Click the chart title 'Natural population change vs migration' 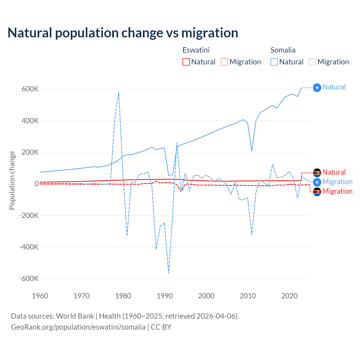(x=123, y=33)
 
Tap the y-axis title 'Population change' (x=12, y=180)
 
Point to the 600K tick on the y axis (x=30, y=89)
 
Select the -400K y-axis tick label (x=29, y=247)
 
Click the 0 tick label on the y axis (x=36, y=184)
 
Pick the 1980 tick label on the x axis (x=123, y=296)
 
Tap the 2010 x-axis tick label (x=248, y=296)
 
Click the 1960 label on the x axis (x=40, y=296)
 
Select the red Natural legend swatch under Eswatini (x=186, y=62)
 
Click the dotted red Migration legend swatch (x=224, y=62)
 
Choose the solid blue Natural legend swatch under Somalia (x=274, y=62)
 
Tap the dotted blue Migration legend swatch (x=312, y=62)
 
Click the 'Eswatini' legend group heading (x=196, y=50)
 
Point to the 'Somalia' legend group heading (x=283, y=50)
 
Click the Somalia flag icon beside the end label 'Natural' (x=317, y=88)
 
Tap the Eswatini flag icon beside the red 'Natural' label (x=317, y=172)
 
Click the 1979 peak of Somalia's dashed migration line (x=119, y=92)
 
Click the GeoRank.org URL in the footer (x=78, y=327)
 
